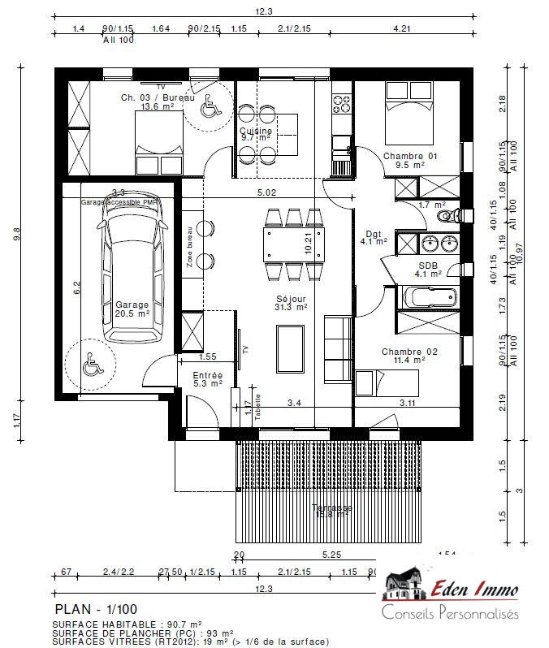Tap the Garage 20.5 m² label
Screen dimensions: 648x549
pos(132,309)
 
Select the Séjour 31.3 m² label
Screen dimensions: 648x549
pos(290,303)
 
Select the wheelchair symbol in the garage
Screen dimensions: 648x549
pos(92,366)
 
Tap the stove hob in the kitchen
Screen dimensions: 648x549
pos(340,103)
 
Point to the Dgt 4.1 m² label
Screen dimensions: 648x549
pos(374,237)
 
